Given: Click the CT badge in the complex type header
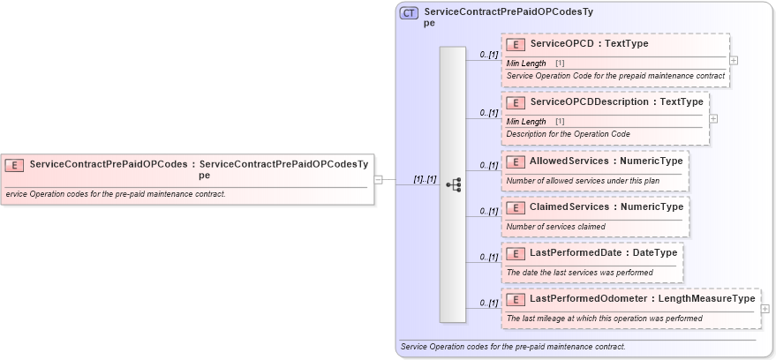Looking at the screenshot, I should tap(410, 13).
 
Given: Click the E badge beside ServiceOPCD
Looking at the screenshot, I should tap(516, 44).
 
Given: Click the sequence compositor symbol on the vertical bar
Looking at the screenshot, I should tap(454, 184).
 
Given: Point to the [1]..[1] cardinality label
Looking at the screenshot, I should tap(425, 179).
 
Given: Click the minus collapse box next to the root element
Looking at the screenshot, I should tap(378, 179).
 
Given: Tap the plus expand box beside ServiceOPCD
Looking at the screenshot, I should tap(734, 61).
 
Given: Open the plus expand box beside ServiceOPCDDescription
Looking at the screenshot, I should tap(713, 118).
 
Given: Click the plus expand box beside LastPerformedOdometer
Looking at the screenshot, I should tap(765, 309).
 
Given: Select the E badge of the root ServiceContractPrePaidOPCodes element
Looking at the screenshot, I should tap(14, 164).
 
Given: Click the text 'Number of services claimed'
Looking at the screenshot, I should tap(554, 227).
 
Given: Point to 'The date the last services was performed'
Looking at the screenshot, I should tap(580, 273).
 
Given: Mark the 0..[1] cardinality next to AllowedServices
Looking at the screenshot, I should tap(488, 165).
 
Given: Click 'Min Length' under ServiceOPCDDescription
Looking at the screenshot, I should tap(526, 122).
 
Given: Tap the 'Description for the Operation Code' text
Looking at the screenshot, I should tap(568, 134).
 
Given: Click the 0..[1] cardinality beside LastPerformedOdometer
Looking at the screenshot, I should tap(488, 303).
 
